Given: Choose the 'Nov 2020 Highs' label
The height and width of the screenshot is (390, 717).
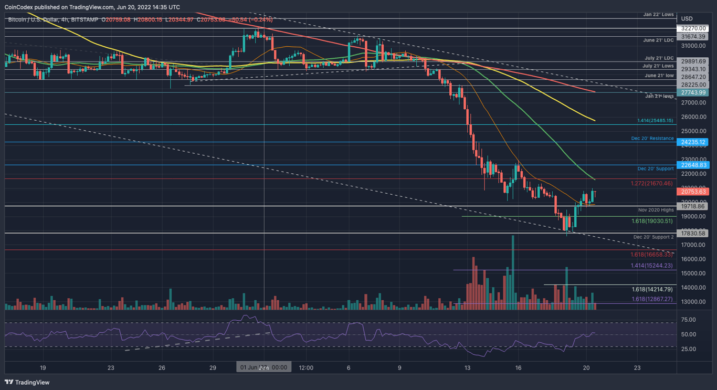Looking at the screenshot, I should click(656, 210).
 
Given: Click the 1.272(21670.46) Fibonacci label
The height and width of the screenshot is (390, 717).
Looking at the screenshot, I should click(651, 184).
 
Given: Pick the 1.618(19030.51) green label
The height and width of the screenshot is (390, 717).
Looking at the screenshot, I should click(651, 221).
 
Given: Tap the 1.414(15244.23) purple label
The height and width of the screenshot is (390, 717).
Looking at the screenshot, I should click(651, 266).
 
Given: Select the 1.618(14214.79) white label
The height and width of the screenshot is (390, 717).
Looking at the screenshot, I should click(651, 289).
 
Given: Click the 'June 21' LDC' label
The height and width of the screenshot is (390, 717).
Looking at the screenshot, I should click(658, 40).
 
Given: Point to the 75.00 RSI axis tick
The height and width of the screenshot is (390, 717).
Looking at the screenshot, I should click(688, 320).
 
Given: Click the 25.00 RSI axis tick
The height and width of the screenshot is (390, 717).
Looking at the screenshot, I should click(688, 349).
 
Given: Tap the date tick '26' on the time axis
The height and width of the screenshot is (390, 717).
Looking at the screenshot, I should click(162, 367).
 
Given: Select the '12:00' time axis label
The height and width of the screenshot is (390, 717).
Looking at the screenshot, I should click(306, 367).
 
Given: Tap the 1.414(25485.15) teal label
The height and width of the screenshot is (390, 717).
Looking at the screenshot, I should click(655, 121).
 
